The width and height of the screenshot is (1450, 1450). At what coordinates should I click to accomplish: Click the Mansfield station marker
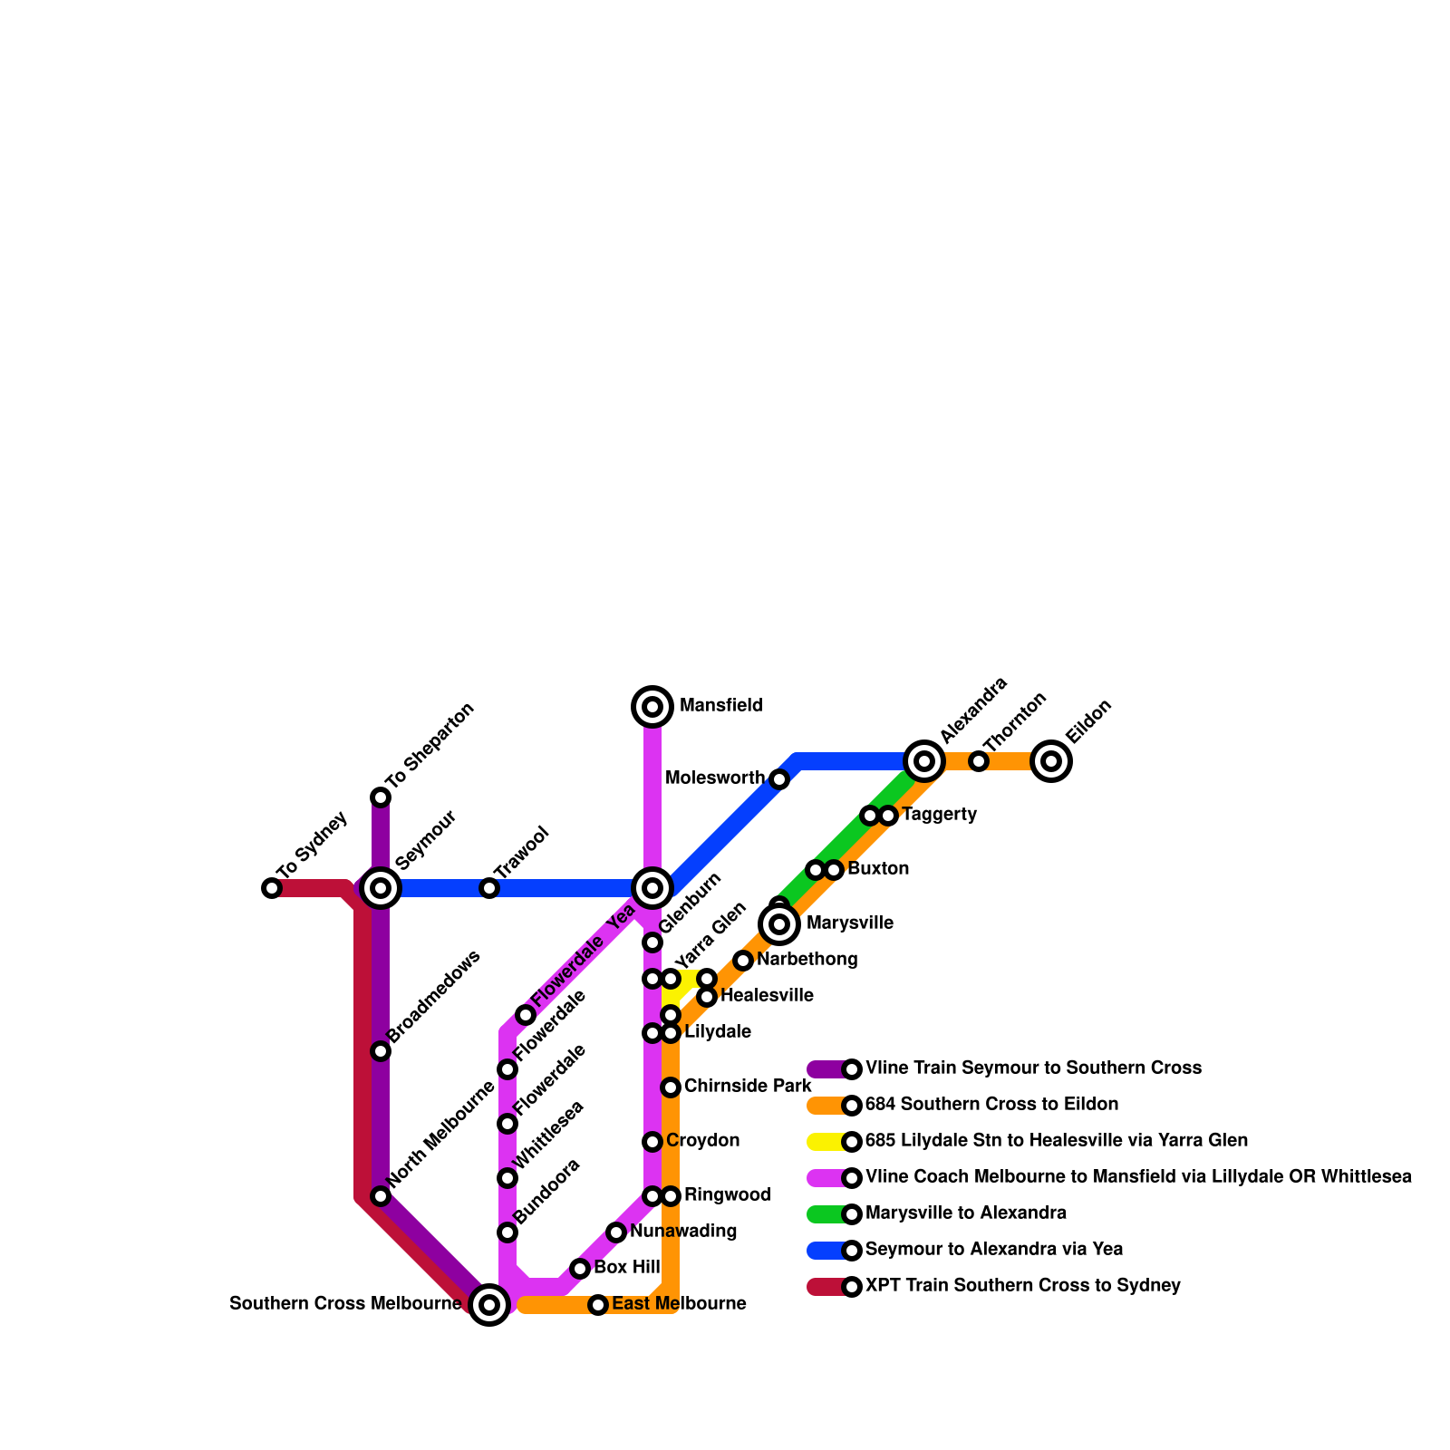[x=652, y=707]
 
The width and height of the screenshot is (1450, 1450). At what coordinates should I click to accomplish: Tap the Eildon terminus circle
[x=1051, y=761]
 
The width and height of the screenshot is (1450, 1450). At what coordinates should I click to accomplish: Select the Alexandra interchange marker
[x=924, y=761]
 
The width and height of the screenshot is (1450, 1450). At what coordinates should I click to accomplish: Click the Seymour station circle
[x=382, y=888]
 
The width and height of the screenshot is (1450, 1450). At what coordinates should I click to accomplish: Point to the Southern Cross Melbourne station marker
[x=489, y=1305]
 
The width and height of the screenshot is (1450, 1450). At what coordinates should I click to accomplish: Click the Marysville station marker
[x=779, y=924]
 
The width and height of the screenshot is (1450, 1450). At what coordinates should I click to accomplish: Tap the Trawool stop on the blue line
[x=489, y=888]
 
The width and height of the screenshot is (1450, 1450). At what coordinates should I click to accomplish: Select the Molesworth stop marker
[x=779, y=779]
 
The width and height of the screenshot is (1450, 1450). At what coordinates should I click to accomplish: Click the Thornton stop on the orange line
[x=979, y=761]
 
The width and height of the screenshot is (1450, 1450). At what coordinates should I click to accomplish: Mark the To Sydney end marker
[x=272, y=888]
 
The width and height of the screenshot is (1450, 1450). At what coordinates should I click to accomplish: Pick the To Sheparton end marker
[x=381, y=797]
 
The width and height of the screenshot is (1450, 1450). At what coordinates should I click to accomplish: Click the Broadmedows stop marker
[x=381, y=1051]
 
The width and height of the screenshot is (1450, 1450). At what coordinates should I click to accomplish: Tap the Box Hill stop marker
[x=580, y=1269]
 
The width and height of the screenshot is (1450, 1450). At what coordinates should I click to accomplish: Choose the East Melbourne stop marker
[x=598, y=1305]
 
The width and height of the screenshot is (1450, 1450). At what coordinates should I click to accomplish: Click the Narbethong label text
[x=807, y=960]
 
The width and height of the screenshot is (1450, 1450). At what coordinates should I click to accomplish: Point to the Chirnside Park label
[x=748, y=1087]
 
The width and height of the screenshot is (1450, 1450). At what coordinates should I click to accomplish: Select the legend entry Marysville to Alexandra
[x=965, y=1213]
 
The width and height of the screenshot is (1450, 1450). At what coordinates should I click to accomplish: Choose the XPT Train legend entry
[x=1022, y=1286]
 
